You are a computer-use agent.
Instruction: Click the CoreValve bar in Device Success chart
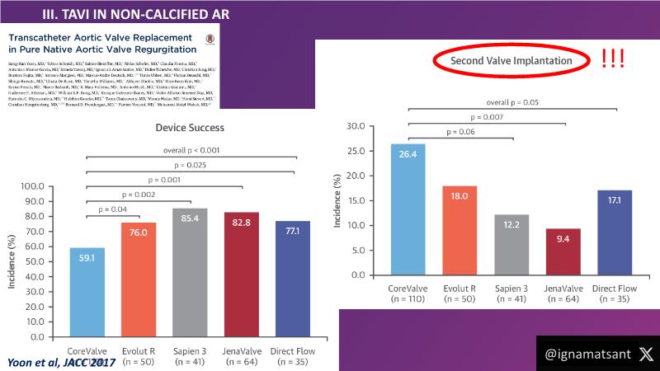[x=87, y=292]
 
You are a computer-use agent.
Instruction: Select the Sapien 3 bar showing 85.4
[x=191, y=273]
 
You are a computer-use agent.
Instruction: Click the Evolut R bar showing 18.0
[x=460, y=230]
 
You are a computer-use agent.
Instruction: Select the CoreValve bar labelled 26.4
[x=408, y=209]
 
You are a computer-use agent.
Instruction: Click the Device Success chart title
[x=190, y=129]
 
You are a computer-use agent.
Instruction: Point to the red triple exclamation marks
[x=613, y=59]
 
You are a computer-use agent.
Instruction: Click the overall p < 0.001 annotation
[x=191, y=150]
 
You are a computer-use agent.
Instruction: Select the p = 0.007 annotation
[x=486, y=117]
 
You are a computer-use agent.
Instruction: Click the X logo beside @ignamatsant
[x=645, y=353]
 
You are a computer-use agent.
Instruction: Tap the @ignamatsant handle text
[x=587, y=354]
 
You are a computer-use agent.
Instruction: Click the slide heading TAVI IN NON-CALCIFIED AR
[x=137, y=13]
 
